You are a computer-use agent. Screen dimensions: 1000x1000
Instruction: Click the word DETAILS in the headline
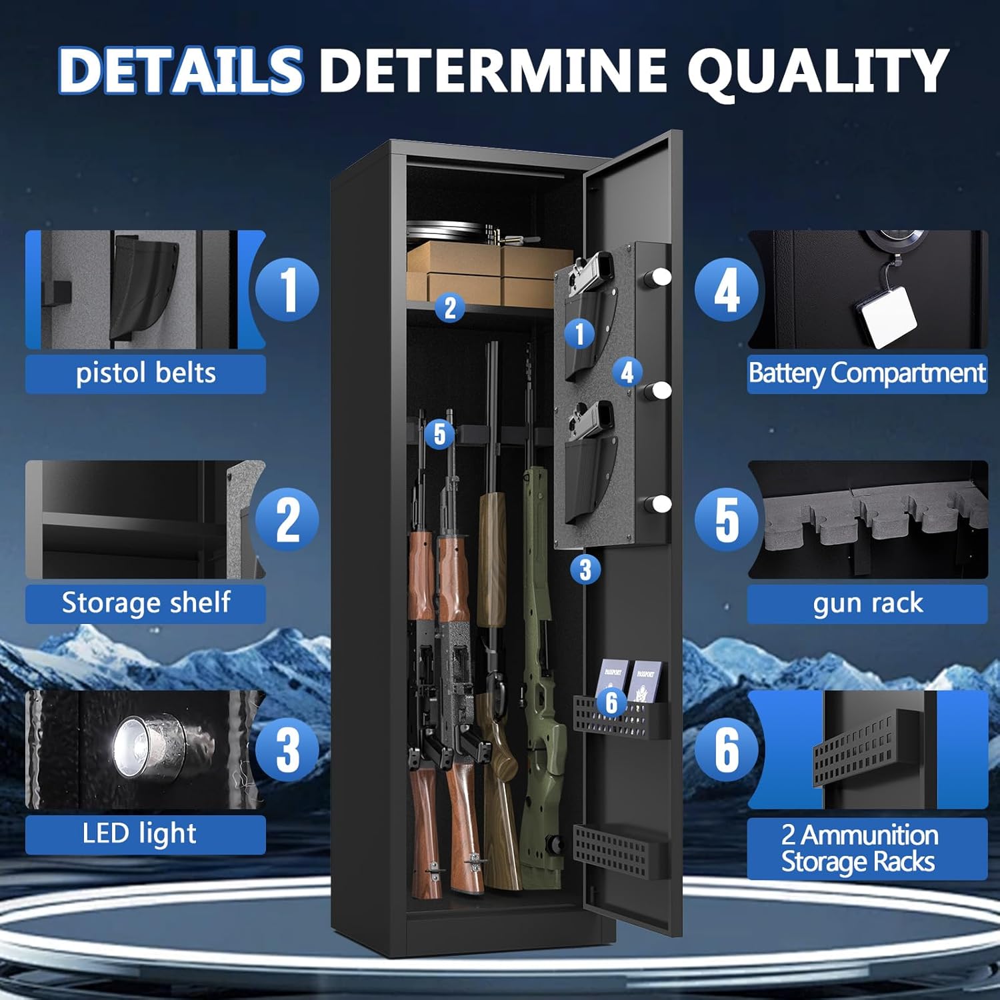(180, 70)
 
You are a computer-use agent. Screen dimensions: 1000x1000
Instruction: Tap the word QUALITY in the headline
(818, 70)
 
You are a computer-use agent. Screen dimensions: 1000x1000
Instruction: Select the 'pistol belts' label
(145, 373)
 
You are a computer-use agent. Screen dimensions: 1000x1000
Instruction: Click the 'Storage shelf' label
(145, 603)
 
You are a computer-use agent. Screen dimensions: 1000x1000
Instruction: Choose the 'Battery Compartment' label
(867, 373)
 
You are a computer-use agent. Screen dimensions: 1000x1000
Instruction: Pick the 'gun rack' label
(867, 603)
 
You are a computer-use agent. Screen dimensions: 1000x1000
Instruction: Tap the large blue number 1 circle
(287, 290)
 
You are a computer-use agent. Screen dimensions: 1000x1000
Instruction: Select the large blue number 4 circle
(727, 290)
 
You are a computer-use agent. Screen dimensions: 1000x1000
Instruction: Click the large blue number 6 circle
(727, 750)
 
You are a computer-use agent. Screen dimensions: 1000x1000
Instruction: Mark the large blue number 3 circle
(287, 750)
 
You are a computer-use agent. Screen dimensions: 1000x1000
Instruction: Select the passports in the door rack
(630, 680)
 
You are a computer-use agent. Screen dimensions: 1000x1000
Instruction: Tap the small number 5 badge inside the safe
(439, 434)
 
